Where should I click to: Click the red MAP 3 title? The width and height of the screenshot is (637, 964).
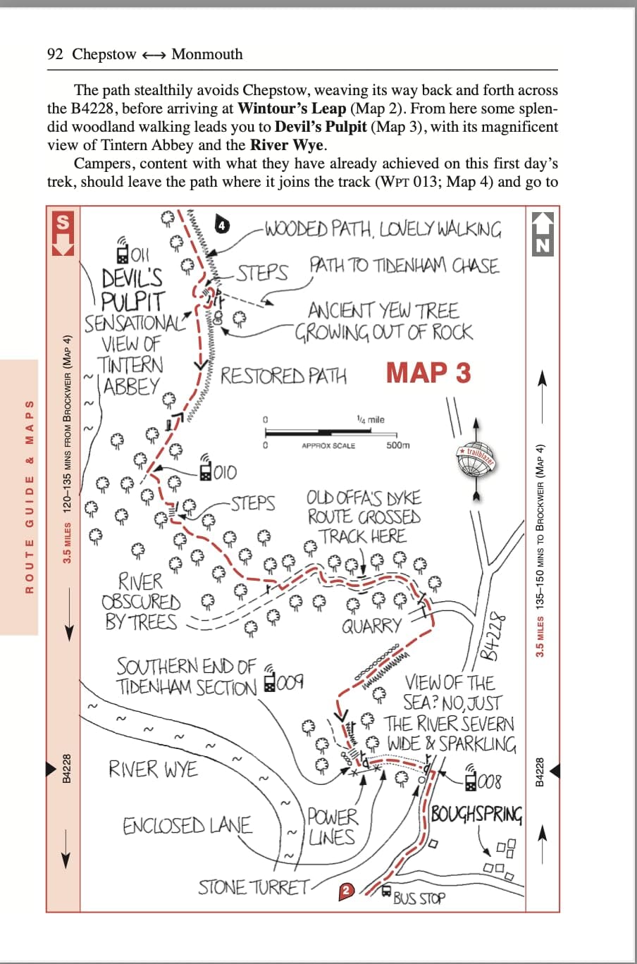point(428,373)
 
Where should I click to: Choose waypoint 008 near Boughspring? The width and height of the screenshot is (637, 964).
point(483,781)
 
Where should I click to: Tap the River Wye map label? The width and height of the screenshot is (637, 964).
point(153,768)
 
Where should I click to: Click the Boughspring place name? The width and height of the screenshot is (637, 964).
point(476,815)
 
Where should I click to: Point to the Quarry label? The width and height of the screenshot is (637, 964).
point(371,626)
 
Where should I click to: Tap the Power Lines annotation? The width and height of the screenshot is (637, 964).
point(332,827)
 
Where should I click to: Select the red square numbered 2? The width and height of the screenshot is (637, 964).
point(345,891)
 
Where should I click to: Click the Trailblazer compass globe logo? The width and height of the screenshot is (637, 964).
point(477,458)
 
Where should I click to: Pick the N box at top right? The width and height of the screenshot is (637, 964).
point(542,233)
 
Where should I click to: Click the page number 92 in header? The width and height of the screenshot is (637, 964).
point(55,54)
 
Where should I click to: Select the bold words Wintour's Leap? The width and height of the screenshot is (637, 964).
point(292,109)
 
